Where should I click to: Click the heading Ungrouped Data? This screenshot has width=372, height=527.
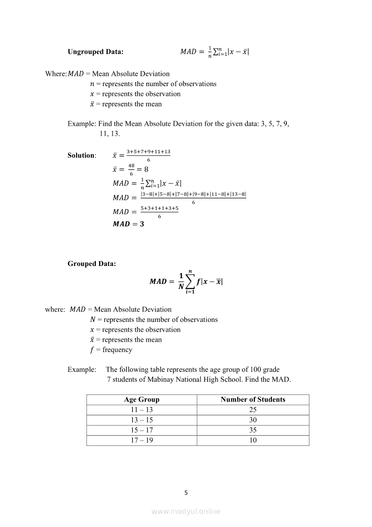point(95,52)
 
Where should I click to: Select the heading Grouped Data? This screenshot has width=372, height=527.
point(91,264)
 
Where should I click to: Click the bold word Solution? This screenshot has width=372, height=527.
point(81,156)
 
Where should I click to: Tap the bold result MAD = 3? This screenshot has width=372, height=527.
point(128,224)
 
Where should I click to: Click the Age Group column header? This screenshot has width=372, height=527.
point(142,399)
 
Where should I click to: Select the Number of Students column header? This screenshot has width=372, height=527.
point(253,399)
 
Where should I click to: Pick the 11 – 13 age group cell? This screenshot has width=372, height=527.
point(142,410)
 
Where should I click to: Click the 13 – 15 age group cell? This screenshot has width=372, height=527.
point(142,420)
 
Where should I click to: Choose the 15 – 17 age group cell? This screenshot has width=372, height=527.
point(142,430)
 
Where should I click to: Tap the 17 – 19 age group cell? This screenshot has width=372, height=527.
point(142,440)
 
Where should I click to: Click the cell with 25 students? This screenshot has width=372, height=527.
point(253,410)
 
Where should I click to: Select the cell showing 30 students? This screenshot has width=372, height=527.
point(253,420)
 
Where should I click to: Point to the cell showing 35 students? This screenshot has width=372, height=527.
point(253,430)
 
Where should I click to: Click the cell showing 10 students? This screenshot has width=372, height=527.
point(253,440)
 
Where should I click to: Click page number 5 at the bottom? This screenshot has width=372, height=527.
point(186,493)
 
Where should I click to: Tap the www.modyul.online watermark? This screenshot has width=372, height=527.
point(186,511)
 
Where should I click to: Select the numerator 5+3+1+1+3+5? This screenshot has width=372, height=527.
point(159,208)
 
